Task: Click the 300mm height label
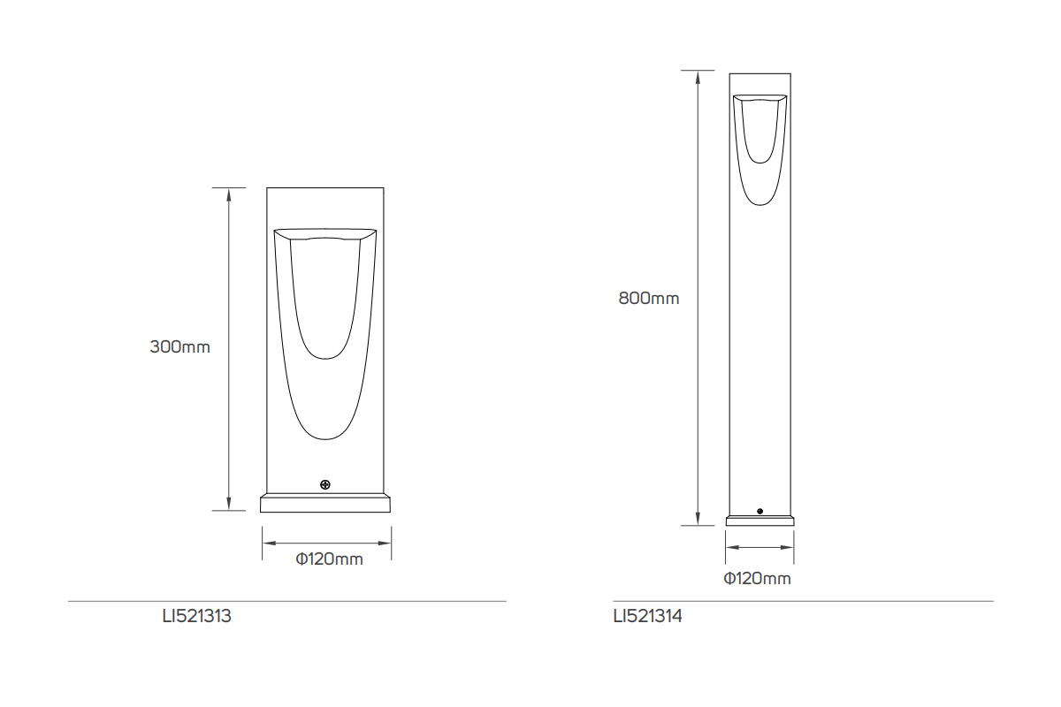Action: pos(180,347)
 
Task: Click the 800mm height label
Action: pos(649,299)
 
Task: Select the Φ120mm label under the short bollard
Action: pos(330,559)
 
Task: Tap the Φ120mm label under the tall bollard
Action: pos(758,579)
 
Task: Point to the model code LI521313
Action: pos(196,617)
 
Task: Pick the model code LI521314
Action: pos(647,617)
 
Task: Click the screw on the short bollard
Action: pos(325,484)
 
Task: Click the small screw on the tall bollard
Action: pos(759,511)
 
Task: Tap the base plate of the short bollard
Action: pos(325,504)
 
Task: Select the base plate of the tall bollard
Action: pos(759,521)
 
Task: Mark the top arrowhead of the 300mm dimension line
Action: pos(229,194)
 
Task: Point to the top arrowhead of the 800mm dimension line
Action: pos(698,76)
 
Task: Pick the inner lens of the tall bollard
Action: pos(759,133)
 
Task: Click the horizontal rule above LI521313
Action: pos(287,602)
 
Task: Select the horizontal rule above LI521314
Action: pos(803,602)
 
